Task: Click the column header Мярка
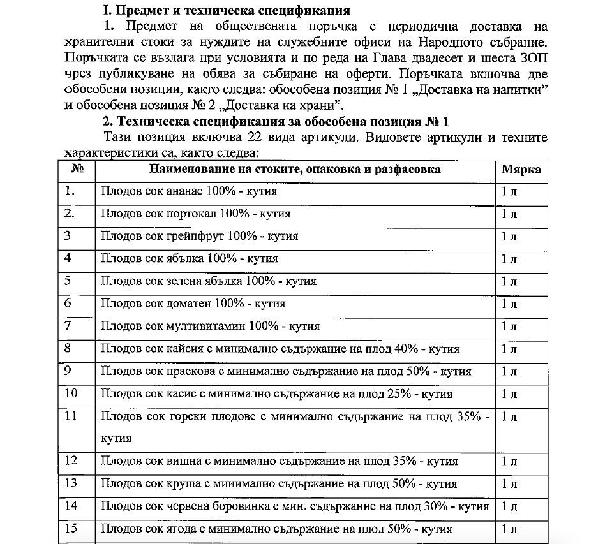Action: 521,170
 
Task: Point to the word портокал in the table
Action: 191,214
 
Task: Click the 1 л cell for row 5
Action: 509,281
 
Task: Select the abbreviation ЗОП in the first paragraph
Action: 534,59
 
